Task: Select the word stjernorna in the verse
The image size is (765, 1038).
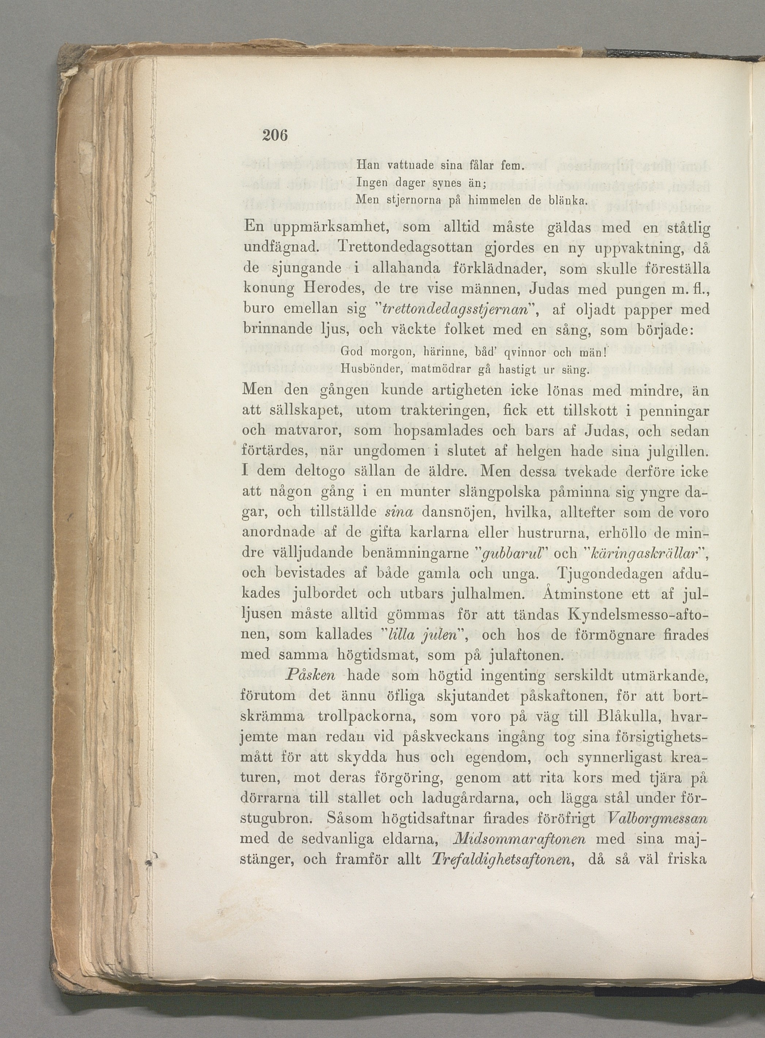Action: tap(406, 201)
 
